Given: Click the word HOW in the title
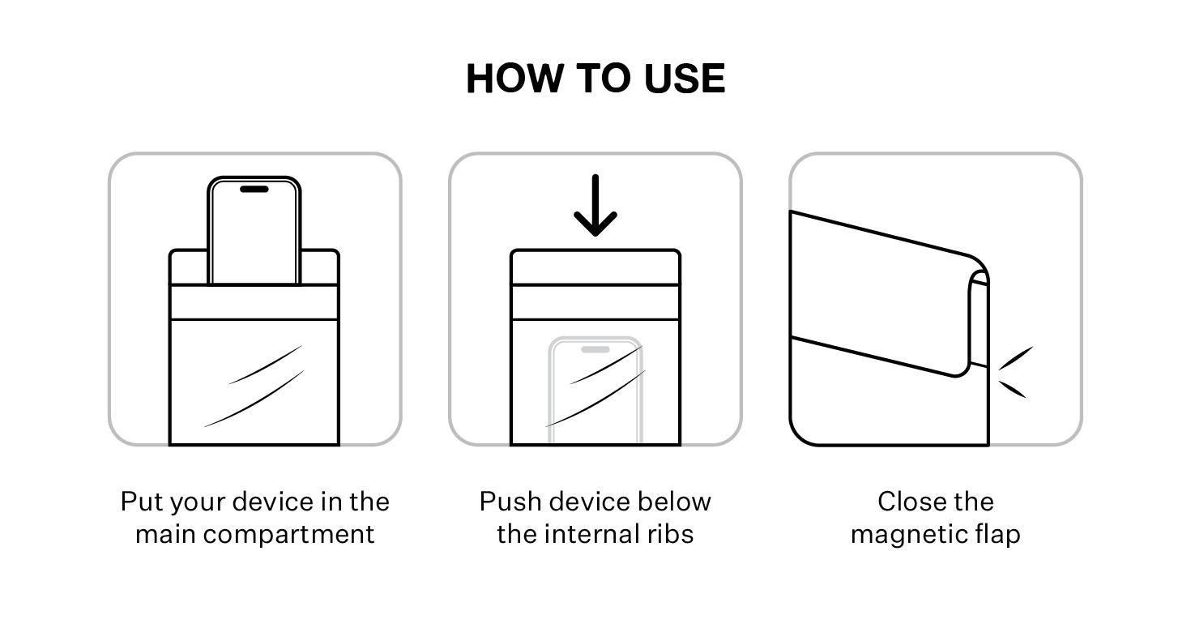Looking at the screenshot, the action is (x=514, y=79).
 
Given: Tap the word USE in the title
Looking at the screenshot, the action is (x=685, y=79).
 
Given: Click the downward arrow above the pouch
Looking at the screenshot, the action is (x=595, y=205).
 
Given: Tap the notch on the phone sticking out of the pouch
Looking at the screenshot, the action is (x=254, y=189).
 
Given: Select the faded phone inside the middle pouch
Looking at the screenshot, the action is (x=595, y=390).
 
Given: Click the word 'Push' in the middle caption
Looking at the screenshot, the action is (x=510, y=502).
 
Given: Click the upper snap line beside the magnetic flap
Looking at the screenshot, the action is (x=1015, y=358).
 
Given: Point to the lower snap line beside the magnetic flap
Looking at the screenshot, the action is (x=1013, y=389).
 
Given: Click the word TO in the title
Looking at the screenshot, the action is (x=604, y=79).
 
